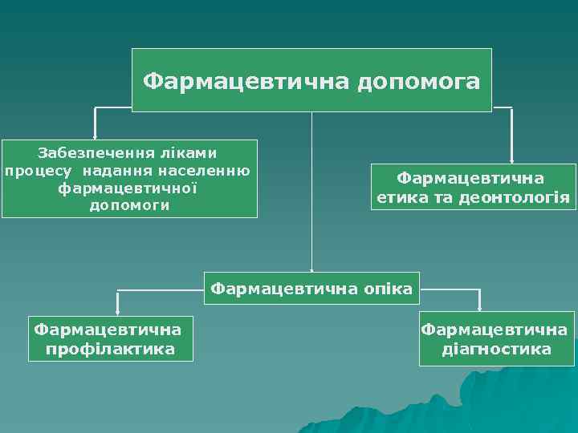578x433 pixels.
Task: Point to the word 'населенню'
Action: pyautogui.click(x=205, y=170)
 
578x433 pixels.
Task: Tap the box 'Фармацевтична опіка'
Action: pyautogui.click(x=312, y=287)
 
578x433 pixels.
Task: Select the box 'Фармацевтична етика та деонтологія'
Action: pyautogui.click(x=473, y=187)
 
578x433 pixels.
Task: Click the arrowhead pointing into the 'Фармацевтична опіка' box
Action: pyautogui.click(x=312, y=271)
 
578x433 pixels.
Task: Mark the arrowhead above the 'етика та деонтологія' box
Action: pyautogui.click(x=512, y=160)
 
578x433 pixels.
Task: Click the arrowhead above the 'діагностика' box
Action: pyautogui.click(x=479, y=306)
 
